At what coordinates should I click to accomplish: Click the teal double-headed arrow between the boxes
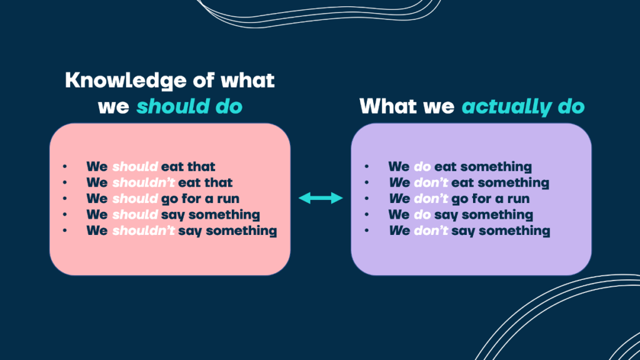[x=321, y=198]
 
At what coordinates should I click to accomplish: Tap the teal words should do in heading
[x=189, y=107]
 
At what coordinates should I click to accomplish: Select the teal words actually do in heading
[x=523, y=107]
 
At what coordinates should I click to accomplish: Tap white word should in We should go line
[x=135, y=199]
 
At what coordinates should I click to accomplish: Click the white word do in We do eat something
[x=422, y=167]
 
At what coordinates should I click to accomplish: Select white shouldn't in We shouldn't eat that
[x=143, y=183]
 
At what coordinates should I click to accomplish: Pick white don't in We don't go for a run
[x=431, y=199]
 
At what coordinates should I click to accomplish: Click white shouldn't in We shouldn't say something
[x=143, y=231]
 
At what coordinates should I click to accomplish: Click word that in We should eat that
[x=201, y=167]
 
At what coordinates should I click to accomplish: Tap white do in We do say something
[x=422, y=215]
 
